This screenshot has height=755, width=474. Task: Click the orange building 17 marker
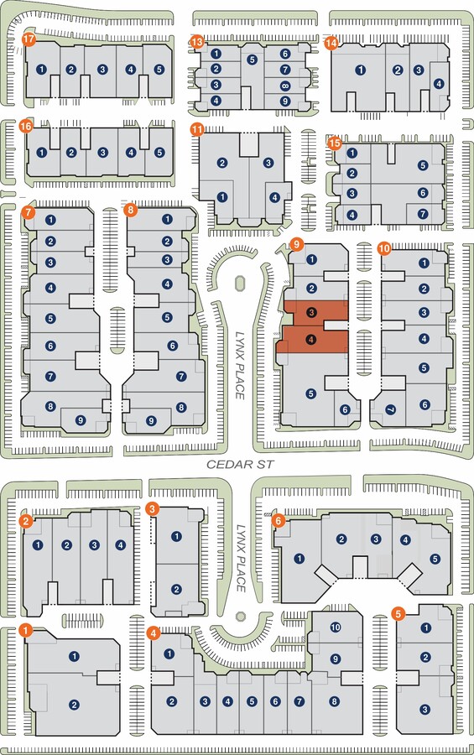[29, 39]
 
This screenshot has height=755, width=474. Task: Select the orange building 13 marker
[196, 41]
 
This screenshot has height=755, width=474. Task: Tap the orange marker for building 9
[296, 244]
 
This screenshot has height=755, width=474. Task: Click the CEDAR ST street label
[240, 465]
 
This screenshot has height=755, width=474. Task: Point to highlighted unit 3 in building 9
[311, 313]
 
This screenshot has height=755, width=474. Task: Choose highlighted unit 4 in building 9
[311, 340]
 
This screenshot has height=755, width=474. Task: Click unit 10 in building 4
[336, 627]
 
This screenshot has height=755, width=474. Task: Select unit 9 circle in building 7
[81, 420]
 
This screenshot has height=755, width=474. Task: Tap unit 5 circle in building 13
[252, 60]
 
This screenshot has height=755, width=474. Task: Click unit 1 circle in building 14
[360, 70]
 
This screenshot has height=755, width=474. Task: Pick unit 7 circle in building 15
[423, 213]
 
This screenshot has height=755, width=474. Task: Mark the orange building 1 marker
[25, 630]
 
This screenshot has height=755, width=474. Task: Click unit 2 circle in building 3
[176, 590]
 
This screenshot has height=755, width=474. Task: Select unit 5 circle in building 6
[435, 559]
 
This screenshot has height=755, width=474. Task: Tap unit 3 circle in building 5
[425, 709]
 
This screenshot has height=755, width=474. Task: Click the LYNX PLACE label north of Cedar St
[240, 366]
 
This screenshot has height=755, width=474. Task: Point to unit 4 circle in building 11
[274, 197]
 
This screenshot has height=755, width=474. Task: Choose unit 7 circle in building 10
[391, 410]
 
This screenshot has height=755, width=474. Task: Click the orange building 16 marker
[25, 127]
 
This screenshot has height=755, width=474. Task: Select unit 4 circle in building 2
[121, 545]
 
